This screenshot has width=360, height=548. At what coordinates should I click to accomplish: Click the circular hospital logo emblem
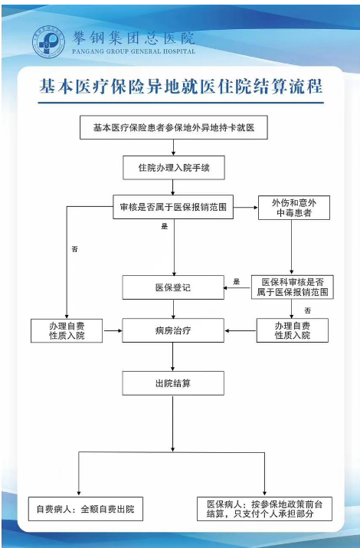click(48, 41)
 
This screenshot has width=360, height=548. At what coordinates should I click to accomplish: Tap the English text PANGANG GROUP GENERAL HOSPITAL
click(133, 51)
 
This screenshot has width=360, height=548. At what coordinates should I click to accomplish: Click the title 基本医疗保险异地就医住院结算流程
click(181, 87)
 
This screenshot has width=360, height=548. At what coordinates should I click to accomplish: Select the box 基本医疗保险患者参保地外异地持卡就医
click(174, 127)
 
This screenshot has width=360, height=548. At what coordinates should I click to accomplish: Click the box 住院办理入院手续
click(174, 168)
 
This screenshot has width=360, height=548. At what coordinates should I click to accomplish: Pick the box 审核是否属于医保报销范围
click(173, 207)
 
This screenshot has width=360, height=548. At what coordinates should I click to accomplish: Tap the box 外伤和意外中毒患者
click(294, 208)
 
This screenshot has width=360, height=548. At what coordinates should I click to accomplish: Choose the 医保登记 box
click(173, 287)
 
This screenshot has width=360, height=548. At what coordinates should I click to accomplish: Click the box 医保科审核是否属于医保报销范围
click(293, 287)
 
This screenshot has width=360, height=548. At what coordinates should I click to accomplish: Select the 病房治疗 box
click(173, 330)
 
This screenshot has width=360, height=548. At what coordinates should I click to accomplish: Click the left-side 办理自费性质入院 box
click(67, 330)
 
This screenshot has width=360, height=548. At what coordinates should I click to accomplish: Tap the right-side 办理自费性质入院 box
click(293, 330)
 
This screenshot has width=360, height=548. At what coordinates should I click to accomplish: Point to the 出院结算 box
click(173, 383)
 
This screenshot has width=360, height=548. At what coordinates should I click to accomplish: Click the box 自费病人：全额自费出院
click(86, 509)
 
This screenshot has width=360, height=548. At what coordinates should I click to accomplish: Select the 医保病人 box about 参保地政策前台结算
click(264, 509)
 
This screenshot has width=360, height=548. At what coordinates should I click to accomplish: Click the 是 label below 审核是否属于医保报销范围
click(165, 226)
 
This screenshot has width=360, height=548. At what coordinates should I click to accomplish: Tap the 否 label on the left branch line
click(75, 249)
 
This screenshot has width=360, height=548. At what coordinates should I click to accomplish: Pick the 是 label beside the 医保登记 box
click(237, 282)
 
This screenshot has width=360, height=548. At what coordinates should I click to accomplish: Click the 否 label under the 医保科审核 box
click(307, 310)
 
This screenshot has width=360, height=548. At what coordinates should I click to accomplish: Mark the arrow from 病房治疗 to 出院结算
click(173, 357)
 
